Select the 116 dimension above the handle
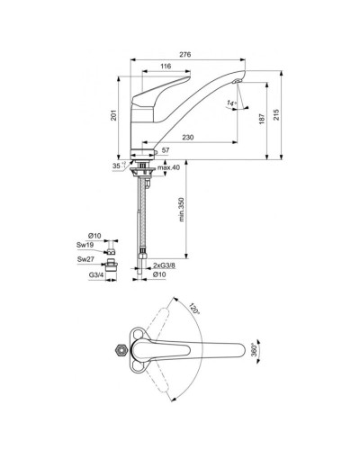166,67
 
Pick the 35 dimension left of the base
117,167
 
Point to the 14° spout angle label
231,104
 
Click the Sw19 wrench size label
85,243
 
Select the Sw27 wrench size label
85,259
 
